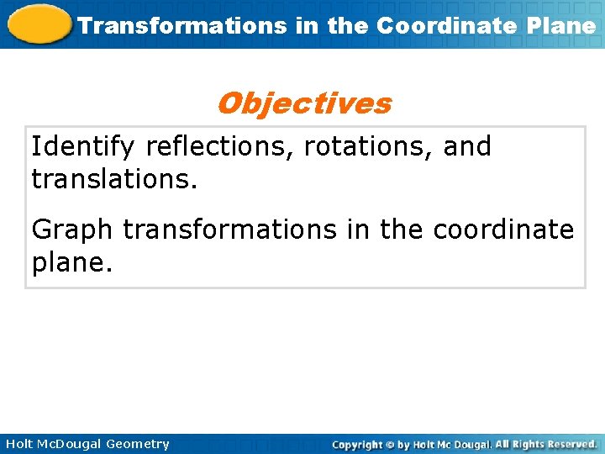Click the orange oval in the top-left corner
[x=38, y=24]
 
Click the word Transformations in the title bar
[x=182, y=25]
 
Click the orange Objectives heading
[x=303, y=103]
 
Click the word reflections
[x=221, y=146]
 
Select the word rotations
[x=366, y=146]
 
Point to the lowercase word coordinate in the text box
[x=503, y=229]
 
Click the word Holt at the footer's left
[x=17, y=444]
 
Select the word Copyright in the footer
[x=358, y=444]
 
